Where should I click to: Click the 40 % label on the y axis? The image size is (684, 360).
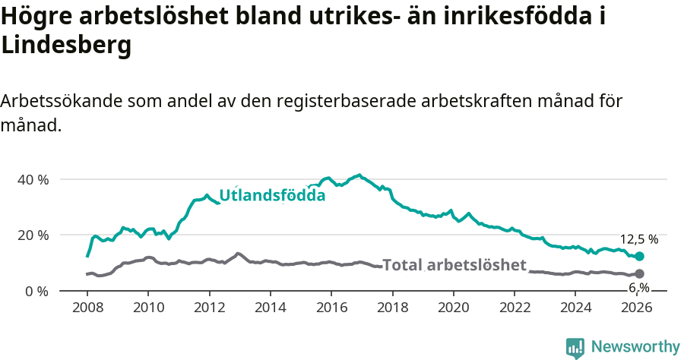pos(33,180)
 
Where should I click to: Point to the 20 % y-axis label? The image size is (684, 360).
pos(33,235)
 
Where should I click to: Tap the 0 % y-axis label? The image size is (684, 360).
pos(36,291)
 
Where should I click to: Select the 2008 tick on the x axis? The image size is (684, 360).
pos(87,309)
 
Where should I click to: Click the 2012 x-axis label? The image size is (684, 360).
pos(209,309)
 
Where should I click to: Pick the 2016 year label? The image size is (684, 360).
pos(331,309)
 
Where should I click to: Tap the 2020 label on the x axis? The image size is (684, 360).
pos(453,309)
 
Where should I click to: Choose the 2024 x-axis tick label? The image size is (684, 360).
pos(575,309)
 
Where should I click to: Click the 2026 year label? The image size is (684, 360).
pos(636,309)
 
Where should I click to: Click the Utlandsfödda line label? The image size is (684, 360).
pos(272,195)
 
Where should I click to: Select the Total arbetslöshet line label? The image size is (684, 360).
pos(454,265)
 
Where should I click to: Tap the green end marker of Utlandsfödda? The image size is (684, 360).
pos(639,257)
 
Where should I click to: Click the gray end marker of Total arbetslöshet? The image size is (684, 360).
pos(639,273)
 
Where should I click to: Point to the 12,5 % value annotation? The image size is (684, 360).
pos(638,239)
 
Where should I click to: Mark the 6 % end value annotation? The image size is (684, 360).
pos(638,288)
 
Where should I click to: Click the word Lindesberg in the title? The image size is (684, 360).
pos(67,46)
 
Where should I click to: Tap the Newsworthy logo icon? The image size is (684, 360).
pos(575,348)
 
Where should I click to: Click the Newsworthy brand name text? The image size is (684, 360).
pos(635,347)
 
